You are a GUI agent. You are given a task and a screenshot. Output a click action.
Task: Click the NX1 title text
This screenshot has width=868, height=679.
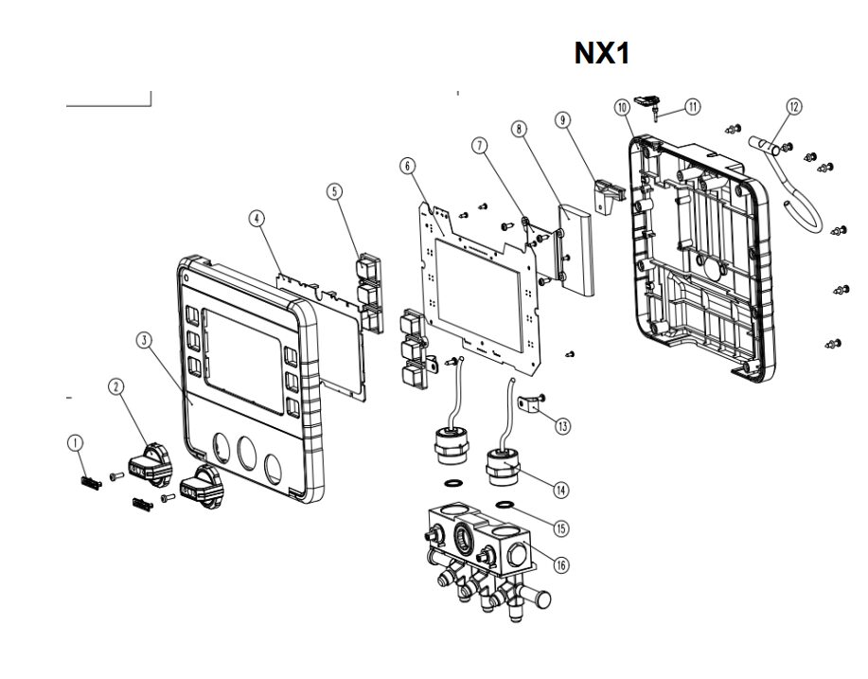602,53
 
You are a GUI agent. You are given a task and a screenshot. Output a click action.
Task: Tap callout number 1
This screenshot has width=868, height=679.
75,441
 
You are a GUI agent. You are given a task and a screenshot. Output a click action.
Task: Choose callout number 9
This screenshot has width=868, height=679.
563,120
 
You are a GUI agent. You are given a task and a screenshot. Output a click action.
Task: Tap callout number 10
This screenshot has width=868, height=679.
623,107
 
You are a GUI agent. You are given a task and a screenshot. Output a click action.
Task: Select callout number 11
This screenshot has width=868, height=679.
693,106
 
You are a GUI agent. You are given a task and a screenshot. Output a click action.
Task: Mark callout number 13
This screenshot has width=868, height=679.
563,426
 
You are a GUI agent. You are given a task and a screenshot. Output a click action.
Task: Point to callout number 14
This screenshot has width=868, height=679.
562,490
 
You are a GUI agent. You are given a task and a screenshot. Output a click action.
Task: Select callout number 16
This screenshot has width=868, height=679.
562,565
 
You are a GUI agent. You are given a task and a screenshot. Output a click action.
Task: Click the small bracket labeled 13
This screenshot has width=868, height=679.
535,407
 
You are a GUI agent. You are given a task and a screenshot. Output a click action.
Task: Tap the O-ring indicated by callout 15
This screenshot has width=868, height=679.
505,504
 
